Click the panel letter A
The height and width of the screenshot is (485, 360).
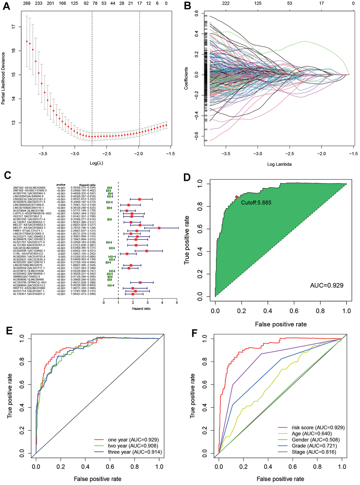pyautogui.click(x=7, y=6)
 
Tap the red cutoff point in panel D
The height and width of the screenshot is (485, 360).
pyautogui.click(x=236, y=197)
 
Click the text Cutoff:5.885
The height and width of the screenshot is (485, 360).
pyautogui.click(x=257, y=203)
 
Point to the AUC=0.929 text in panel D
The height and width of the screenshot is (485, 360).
pyautogui.click(x=326, y=285)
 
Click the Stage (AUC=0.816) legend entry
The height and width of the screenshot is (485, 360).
pyautogui.click(x=314, y=452)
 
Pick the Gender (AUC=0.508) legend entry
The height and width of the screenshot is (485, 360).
pyautogui.click(x=316, y=440)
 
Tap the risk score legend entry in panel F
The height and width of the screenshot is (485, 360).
pyautogui.click(x=318, y=428)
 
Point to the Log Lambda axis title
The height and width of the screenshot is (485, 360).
pyautogui.click(x=279, y=164)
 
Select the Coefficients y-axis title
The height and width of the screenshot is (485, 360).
pyautogui.click(x=186, y=78)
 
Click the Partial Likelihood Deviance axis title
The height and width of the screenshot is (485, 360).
pyautogui.click(x=4, y=78)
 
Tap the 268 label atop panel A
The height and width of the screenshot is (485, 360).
pyautogui.click(x=26, y=4)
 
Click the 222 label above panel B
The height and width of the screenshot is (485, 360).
pyautogui.click(x=226, y=4)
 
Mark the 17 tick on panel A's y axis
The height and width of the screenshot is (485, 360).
pyautogui.click(x=13, y=26)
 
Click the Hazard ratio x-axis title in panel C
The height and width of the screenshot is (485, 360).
pyautogui.click(x=141, y=309)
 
